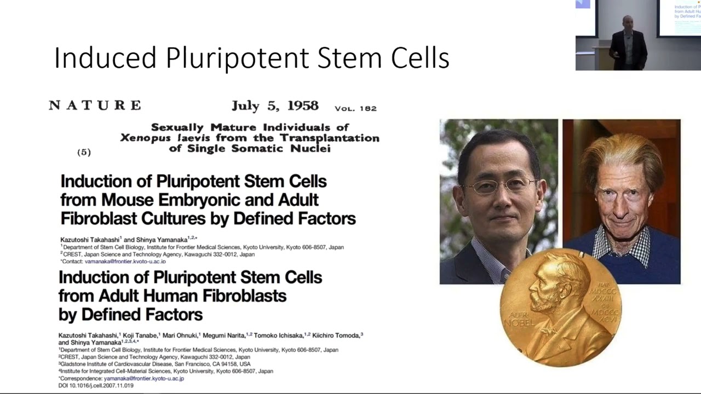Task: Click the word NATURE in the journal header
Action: click(x=95, y=105)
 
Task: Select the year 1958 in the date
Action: click(x=300, y=106)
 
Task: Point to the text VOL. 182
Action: click(x=355, y=108)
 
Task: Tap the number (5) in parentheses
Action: click(x=84, y=152)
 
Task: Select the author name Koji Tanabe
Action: click(x=140, y=335)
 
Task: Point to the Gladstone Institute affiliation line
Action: click(x=154, y=364)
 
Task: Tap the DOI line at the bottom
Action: click(x=96, y=385)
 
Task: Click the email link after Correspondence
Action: click(x=143, y=378)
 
